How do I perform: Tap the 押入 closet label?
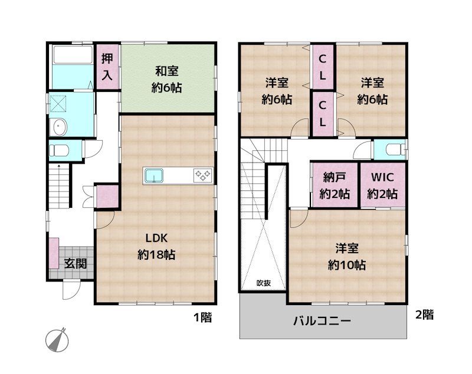point(107,67)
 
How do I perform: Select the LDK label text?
point(158,239)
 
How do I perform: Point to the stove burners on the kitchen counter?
point(203,175)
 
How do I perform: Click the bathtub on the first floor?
point(72,56)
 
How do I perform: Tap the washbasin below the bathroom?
point(59,127)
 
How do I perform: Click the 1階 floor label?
point(202,318)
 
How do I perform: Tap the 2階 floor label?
point(424,315)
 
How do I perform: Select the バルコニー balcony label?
point(322,322)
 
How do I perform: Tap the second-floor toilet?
point(391,149)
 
